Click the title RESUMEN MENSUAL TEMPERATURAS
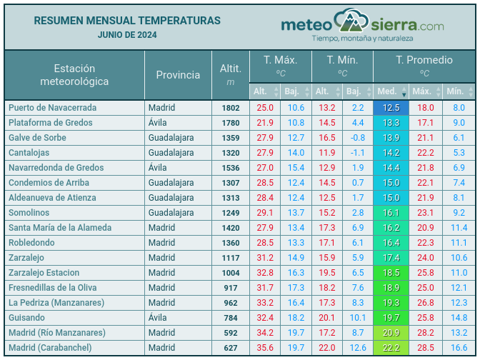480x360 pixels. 127,21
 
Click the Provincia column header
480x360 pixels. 178,75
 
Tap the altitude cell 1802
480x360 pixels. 231,108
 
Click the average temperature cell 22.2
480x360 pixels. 391,348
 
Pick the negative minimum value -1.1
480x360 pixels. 357,153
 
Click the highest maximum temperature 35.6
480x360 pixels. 265,348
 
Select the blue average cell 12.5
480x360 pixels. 391,108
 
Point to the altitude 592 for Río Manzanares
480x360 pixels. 231,333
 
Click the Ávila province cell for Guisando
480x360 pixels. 160,318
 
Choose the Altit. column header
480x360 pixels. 231,75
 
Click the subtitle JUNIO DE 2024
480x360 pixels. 127,34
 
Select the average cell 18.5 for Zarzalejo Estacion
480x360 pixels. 391,273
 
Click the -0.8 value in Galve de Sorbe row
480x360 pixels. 357,138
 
